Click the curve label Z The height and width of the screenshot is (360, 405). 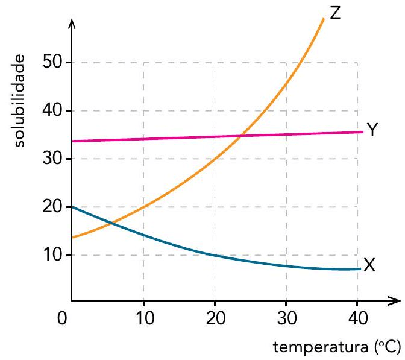pos(336,11)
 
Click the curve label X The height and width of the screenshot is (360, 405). pos(369,265)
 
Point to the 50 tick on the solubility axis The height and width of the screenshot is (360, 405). pos(53,63)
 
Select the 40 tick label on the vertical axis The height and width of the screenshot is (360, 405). pos(53,111)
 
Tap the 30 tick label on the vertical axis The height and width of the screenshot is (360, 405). pos(53,159)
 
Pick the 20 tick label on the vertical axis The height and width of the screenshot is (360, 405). pos(53,207)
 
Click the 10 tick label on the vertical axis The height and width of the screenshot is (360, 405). pos(53,256)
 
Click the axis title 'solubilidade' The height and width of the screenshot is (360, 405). pos(20,100)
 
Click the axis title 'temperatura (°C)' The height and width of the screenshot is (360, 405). pos(337,348)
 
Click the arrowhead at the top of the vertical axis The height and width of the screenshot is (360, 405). pos(72,24)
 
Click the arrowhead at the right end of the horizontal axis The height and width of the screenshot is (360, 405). pos(395,300)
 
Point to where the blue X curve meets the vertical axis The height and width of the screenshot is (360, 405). pos(72,207)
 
